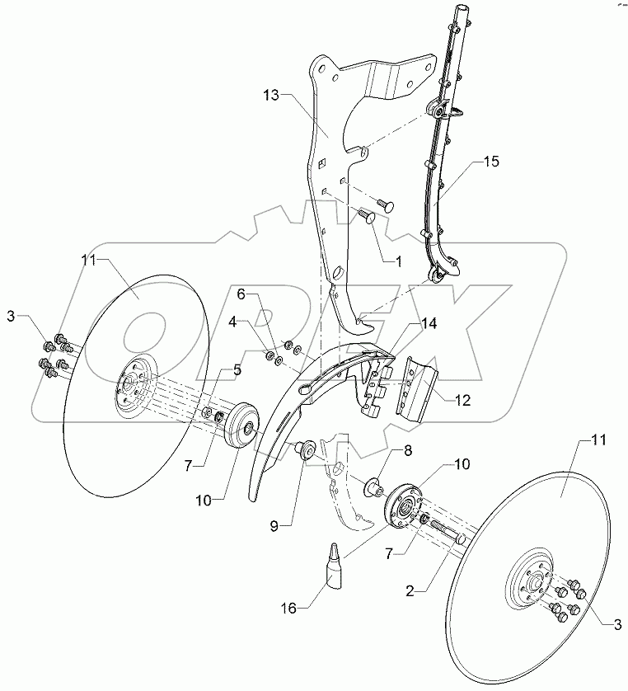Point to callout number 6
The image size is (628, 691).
(x=241, y=294)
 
